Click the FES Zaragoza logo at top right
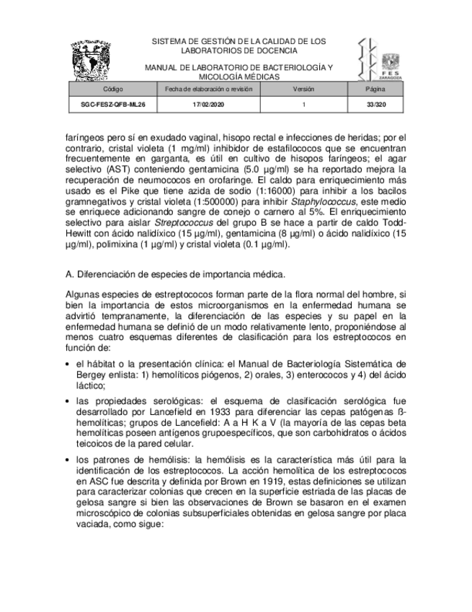pos(380,59)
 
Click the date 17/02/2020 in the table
pos(208,105)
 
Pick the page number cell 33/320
pos(375,105)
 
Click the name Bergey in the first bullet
pos(91,375)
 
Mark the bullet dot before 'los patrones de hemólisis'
pos(68,459)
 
